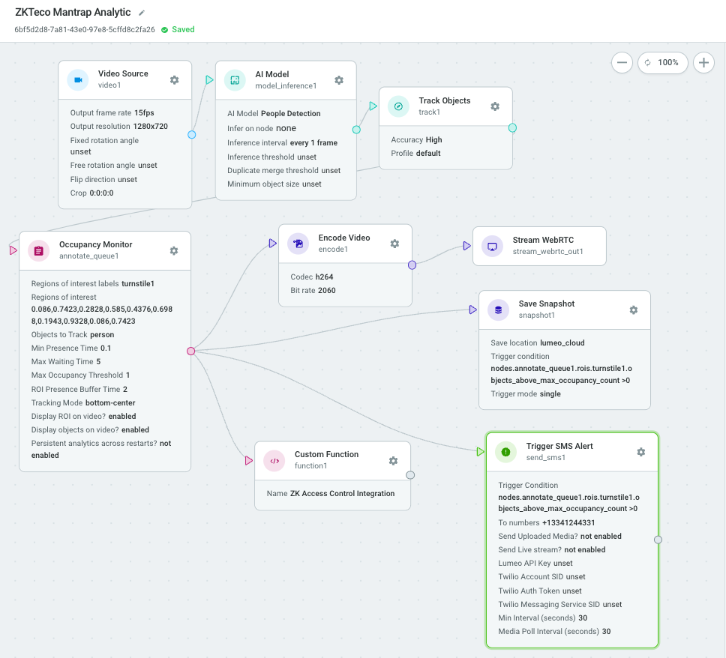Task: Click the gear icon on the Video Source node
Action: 174,80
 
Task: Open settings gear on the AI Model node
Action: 339,80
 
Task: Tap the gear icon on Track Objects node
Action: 495,106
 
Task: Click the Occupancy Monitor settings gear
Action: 174,251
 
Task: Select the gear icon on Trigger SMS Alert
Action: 640,452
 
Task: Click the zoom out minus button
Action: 622,62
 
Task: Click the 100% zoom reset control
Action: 662,62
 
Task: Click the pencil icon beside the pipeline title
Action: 142,13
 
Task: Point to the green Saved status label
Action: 183,30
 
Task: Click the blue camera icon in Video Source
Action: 78,80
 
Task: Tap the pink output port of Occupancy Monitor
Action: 190,351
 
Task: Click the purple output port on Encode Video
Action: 412,265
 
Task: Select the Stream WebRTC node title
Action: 543,240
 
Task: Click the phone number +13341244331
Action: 568,523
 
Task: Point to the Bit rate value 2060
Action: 326,291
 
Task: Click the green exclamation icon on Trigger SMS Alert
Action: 505,452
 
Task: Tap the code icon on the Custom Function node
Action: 274,461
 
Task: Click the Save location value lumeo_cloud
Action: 562,343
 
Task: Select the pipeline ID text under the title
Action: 85,30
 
